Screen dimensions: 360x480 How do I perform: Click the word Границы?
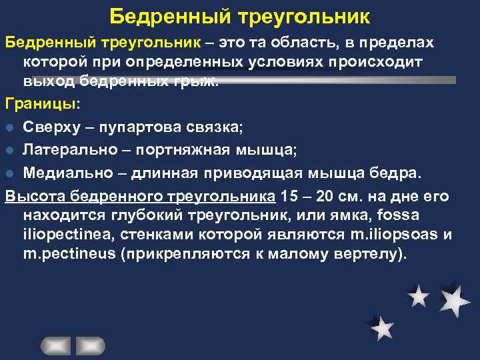pyautogui.click(x=40, y=105)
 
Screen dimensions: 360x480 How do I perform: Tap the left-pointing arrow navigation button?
pyautogui.click(x=56, y=345)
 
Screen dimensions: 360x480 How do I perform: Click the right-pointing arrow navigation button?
pyautogui.click(x=91, y=345)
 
